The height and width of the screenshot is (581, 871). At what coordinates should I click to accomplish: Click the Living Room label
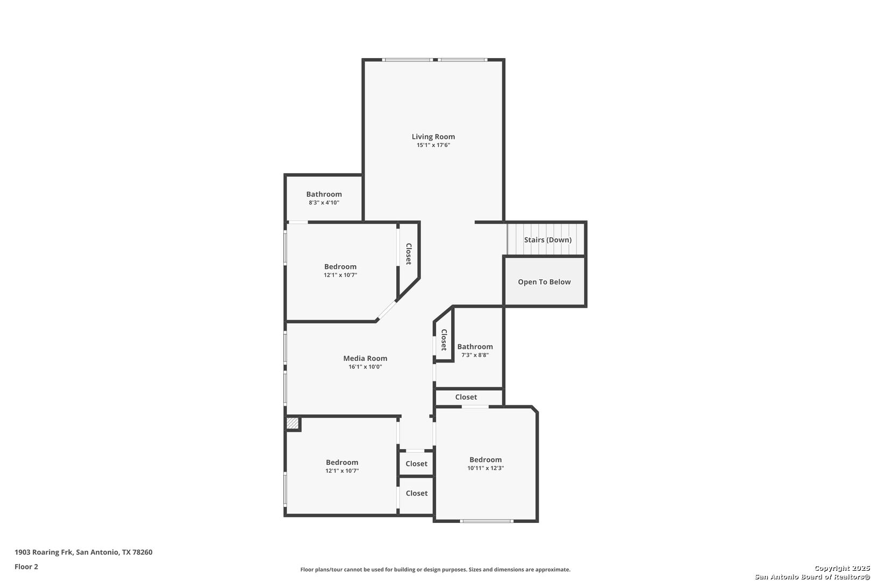pos(433,137)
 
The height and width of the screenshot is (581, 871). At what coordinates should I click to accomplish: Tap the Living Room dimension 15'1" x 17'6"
pos(433,145)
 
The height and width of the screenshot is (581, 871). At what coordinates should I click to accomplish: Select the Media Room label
pos(365,358)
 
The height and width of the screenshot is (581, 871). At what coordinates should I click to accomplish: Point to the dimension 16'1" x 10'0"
pos(365,366)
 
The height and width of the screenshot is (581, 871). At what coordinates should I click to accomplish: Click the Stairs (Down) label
pos(548,240)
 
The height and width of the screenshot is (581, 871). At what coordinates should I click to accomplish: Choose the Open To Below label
pos(544,282)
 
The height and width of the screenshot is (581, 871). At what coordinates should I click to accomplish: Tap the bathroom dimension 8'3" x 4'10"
pos(324,202)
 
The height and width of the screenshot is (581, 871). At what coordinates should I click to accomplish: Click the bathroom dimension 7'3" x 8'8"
pos(475,355)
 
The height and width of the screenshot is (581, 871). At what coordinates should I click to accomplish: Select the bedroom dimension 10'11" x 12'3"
pos(486,468)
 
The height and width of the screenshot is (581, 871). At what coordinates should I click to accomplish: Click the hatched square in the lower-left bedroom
pos(292,423)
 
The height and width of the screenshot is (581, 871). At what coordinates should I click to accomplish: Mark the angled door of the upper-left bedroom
pos(387,310)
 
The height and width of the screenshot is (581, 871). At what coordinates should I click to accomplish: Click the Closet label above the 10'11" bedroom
pos(466,397)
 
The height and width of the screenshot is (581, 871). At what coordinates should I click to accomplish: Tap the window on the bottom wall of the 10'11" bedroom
pos(487,521)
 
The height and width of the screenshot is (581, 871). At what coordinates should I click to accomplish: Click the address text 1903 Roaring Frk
pos(44,552)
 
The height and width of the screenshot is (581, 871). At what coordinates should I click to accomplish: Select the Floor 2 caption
pos(26,566)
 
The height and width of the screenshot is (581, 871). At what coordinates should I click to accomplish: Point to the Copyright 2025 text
pos(842,568)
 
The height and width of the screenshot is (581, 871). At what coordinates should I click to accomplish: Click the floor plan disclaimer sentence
pos(435,569)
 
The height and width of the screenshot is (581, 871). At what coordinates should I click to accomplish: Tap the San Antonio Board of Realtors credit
pos(812,577)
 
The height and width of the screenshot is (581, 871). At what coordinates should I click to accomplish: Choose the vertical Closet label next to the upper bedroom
pos(409,254)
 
